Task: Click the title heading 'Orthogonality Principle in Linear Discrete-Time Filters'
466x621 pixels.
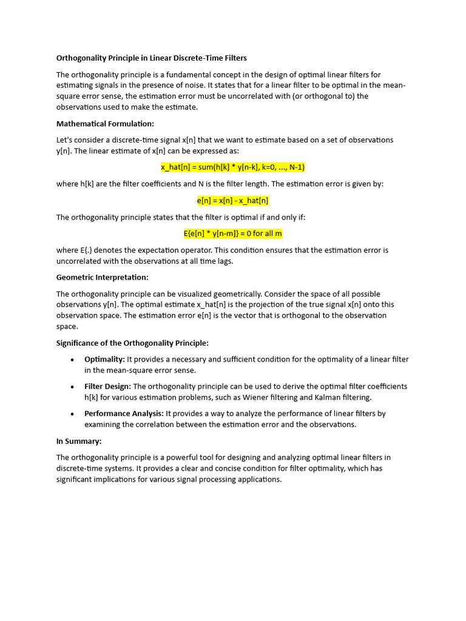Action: [x=152, y=58]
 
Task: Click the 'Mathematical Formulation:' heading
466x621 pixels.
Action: [x=106, y=124]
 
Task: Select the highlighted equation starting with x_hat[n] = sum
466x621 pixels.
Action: [x=232, y=167]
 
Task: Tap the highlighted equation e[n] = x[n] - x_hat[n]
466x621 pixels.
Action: [x=232, y=200]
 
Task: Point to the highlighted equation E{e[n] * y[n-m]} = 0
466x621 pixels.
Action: [x=232, y=233]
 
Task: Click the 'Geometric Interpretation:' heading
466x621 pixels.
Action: [x=102, y=277]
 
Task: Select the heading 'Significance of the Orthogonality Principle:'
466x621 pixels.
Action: [x=132, y=343]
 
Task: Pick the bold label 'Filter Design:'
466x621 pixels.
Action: [x=107, y=386]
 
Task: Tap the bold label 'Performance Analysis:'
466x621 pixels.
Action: [x=124, y=414]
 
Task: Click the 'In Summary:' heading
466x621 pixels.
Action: [x=79, y=441]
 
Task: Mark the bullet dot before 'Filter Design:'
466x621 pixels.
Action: [x=72, y=387]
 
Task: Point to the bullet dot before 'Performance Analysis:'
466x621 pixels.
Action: [x=72, y=414]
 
